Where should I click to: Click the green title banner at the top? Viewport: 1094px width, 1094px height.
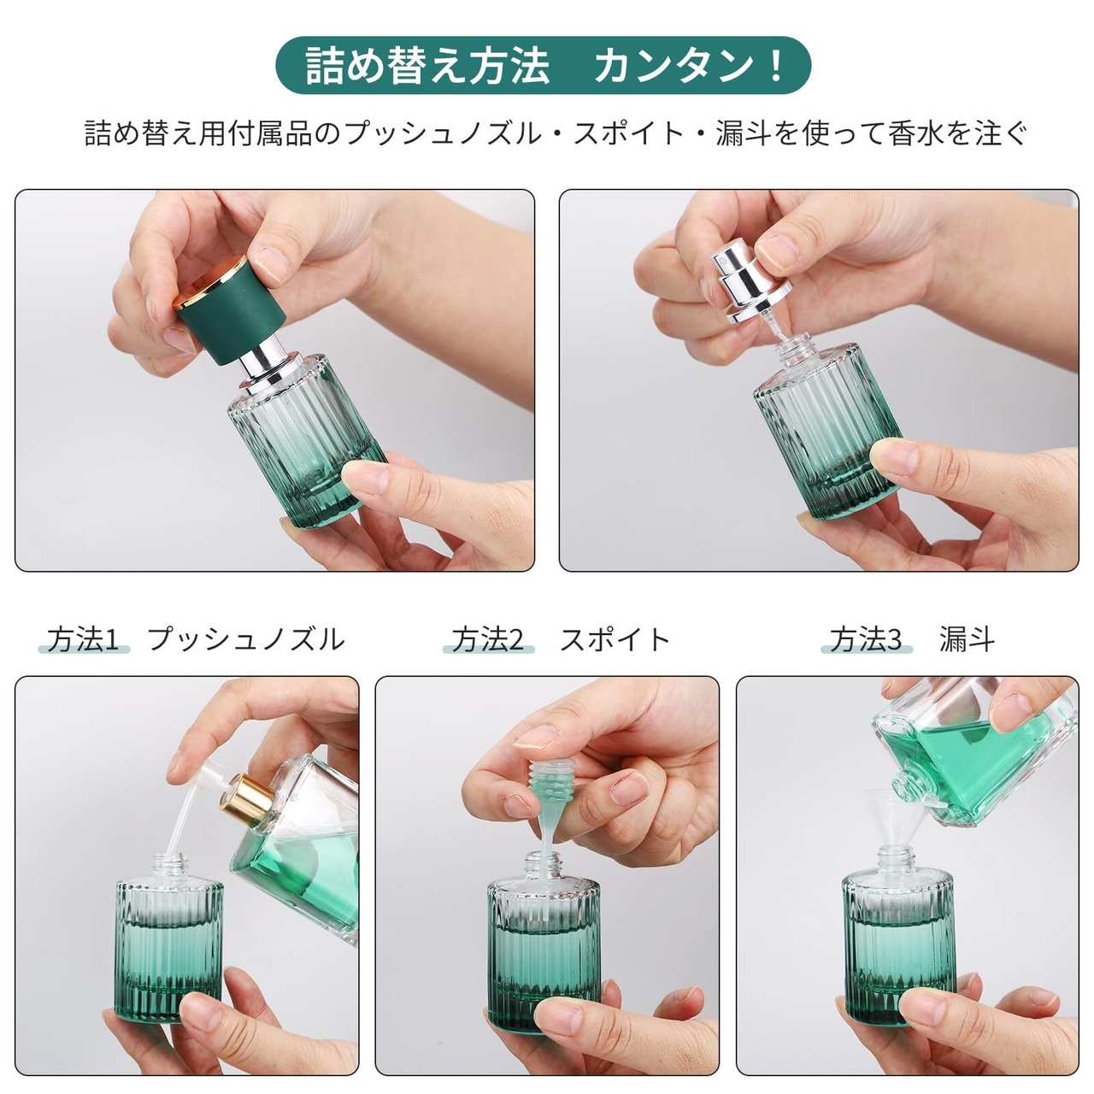tap(544, 65)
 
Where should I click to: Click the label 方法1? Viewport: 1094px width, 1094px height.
tap(84, 640)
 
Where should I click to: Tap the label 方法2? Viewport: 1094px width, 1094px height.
tap(488, 640)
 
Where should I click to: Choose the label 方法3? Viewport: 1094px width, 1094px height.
tap(867, 640)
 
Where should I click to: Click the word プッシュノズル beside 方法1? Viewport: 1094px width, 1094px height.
tap(246, 640)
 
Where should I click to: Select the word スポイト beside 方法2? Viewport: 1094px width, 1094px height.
tap(615, 640)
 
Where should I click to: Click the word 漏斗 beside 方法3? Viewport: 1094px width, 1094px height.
tap(967, 640)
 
